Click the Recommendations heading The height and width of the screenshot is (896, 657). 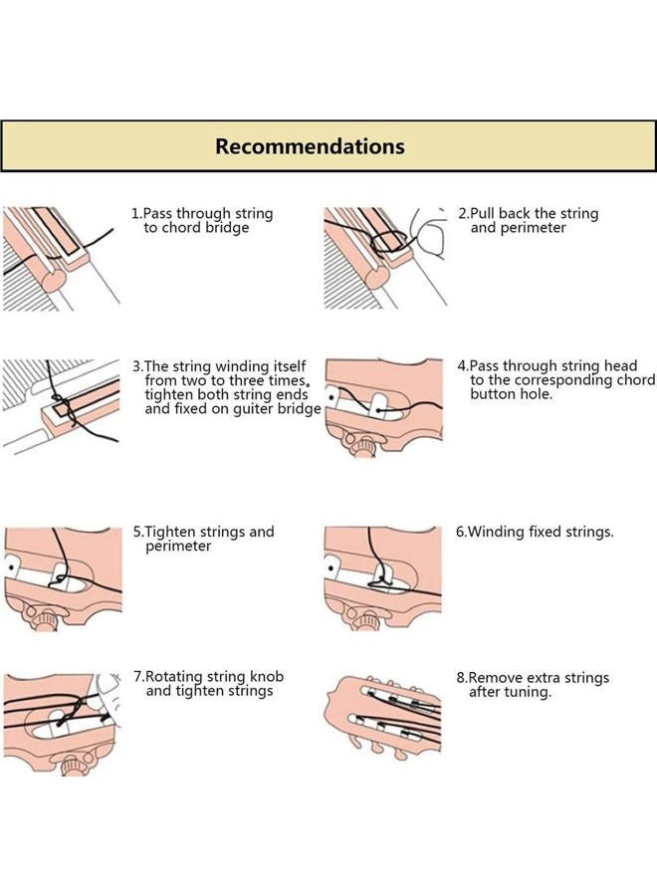point(310,146)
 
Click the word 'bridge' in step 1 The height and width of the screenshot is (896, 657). point(228,227)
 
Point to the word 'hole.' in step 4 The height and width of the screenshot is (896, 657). point(537,393)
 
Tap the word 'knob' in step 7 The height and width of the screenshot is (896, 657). point(267,677)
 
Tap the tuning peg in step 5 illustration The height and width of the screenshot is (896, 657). point(44,620)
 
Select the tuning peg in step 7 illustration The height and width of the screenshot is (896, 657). point(74,765)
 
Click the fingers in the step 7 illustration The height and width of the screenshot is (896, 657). point(108,693)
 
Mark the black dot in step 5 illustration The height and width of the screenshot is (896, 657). point(10,566)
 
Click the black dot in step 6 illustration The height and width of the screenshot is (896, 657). point(330,568)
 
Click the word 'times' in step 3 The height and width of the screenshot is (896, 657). point(285,380)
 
